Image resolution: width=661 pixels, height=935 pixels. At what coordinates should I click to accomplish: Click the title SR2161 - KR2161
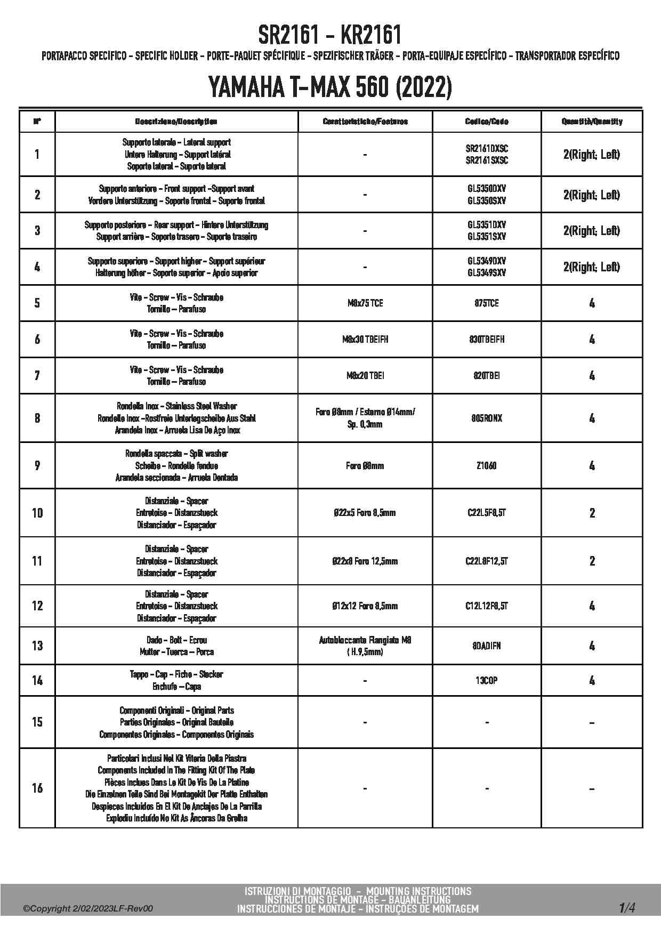[x=330, y=35]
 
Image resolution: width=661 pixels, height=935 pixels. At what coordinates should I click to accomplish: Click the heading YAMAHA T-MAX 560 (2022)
[x=330, y=87]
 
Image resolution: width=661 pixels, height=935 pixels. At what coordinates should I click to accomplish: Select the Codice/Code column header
[x=486, y=122]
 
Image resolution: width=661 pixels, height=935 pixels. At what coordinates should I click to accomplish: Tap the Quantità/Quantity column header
[x=592, y=122]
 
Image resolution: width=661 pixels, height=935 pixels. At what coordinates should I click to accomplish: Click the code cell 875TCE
[x=486, y=303]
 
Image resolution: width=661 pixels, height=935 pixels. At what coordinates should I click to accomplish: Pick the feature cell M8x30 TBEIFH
[x=365, y=340]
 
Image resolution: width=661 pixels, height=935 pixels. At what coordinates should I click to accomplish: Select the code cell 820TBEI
[x=486, y=376]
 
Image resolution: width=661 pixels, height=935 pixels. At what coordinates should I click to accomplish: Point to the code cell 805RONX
[x=486, y=418]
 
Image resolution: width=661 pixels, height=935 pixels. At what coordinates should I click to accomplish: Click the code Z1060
[x=486, y=466]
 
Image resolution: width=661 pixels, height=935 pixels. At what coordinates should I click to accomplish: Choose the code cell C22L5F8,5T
[x=486, y=513]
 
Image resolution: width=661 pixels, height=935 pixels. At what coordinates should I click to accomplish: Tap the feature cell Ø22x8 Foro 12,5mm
[x=365, y=561]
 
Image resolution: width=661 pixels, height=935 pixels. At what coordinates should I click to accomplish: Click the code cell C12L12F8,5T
[x=486, y=606]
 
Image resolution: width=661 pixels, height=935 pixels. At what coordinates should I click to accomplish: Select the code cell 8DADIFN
[x=486, y=646]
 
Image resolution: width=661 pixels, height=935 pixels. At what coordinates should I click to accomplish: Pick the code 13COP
[x=486, y=681]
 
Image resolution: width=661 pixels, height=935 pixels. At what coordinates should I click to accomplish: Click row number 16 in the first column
[x=37, y=788]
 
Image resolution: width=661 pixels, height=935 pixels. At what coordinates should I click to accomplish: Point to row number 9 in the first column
[x=37, y=466]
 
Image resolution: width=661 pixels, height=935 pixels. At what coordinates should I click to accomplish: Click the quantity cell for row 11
[x=592, y=561]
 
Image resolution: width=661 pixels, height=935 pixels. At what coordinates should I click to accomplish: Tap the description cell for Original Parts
[x=176, y=722]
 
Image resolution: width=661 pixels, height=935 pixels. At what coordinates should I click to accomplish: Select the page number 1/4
[x=627, y=907]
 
